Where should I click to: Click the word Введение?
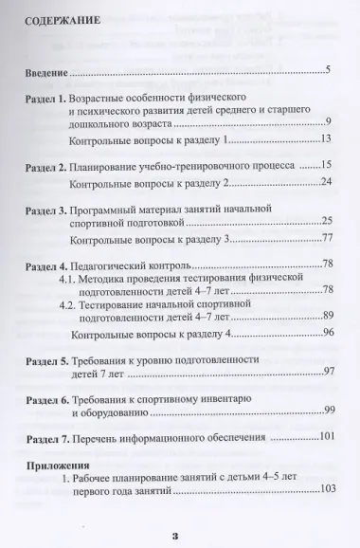coord(46,71)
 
